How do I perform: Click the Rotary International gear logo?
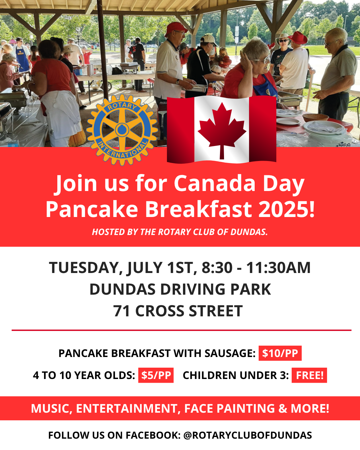[122, 130]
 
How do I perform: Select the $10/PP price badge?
[280, 353]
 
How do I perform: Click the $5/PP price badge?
[156, 375]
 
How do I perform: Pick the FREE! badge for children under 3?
[309, 375]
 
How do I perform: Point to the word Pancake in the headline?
[92, 209]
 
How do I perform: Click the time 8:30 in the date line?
[217, 268]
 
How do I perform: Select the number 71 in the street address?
[121, 311]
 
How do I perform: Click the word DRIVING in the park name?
[193, 289]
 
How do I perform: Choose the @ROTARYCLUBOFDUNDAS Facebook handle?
[248, 435]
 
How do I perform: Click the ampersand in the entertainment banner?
[283, 408]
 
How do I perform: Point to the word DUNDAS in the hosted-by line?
[249, 232]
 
